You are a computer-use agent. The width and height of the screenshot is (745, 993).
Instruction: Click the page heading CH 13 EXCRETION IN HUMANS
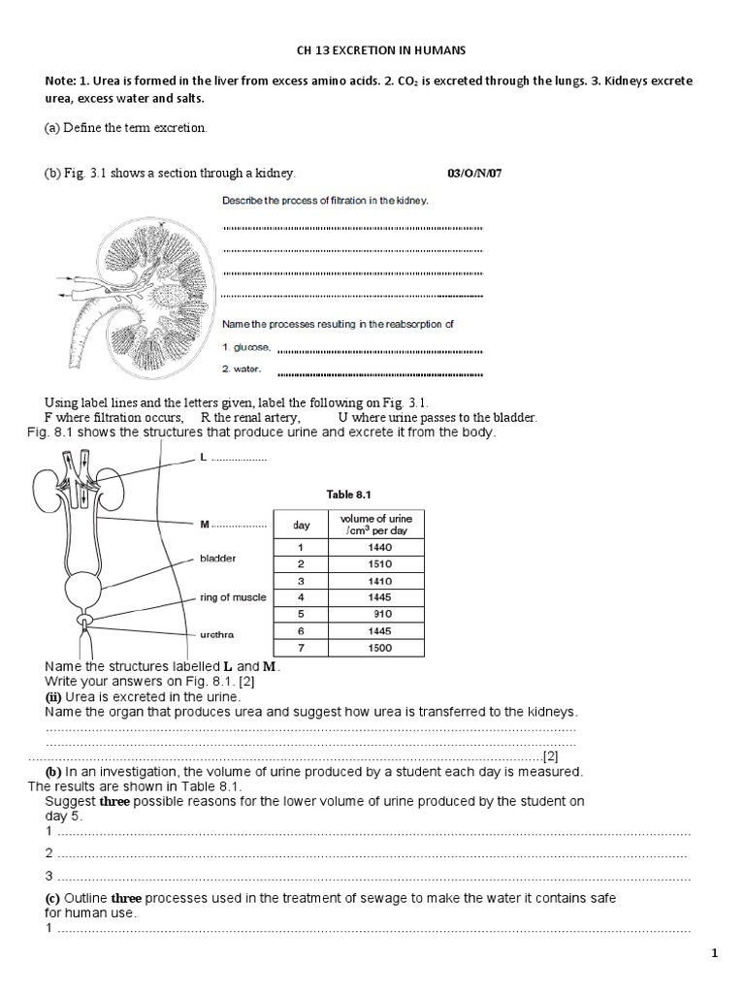(372, 49)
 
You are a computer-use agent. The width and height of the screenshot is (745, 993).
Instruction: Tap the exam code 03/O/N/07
(475, 174)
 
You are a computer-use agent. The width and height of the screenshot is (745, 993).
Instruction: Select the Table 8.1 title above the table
(353, 495)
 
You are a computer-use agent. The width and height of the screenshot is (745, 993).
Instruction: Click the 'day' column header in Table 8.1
(302, 525)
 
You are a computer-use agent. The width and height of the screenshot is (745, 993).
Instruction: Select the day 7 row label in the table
(302, 648)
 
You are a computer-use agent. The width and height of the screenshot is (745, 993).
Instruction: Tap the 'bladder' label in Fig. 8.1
(217, 559)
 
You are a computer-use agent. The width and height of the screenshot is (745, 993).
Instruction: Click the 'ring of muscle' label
(233, 597)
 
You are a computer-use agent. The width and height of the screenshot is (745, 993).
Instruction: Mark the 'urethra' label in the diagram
(216, 635)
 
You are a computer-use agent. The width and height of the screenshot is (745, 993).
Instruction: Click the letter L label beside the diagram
(203, 456)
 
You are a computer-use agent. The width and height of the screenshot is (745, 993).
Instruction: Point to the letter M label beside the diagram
(205, 525)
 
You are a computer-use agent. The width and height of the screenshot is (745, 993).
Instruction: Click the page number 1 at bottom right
(715, 954)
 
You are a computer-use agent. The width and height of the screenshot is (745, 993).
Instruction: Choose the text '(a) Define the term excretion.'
(126, 128)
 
